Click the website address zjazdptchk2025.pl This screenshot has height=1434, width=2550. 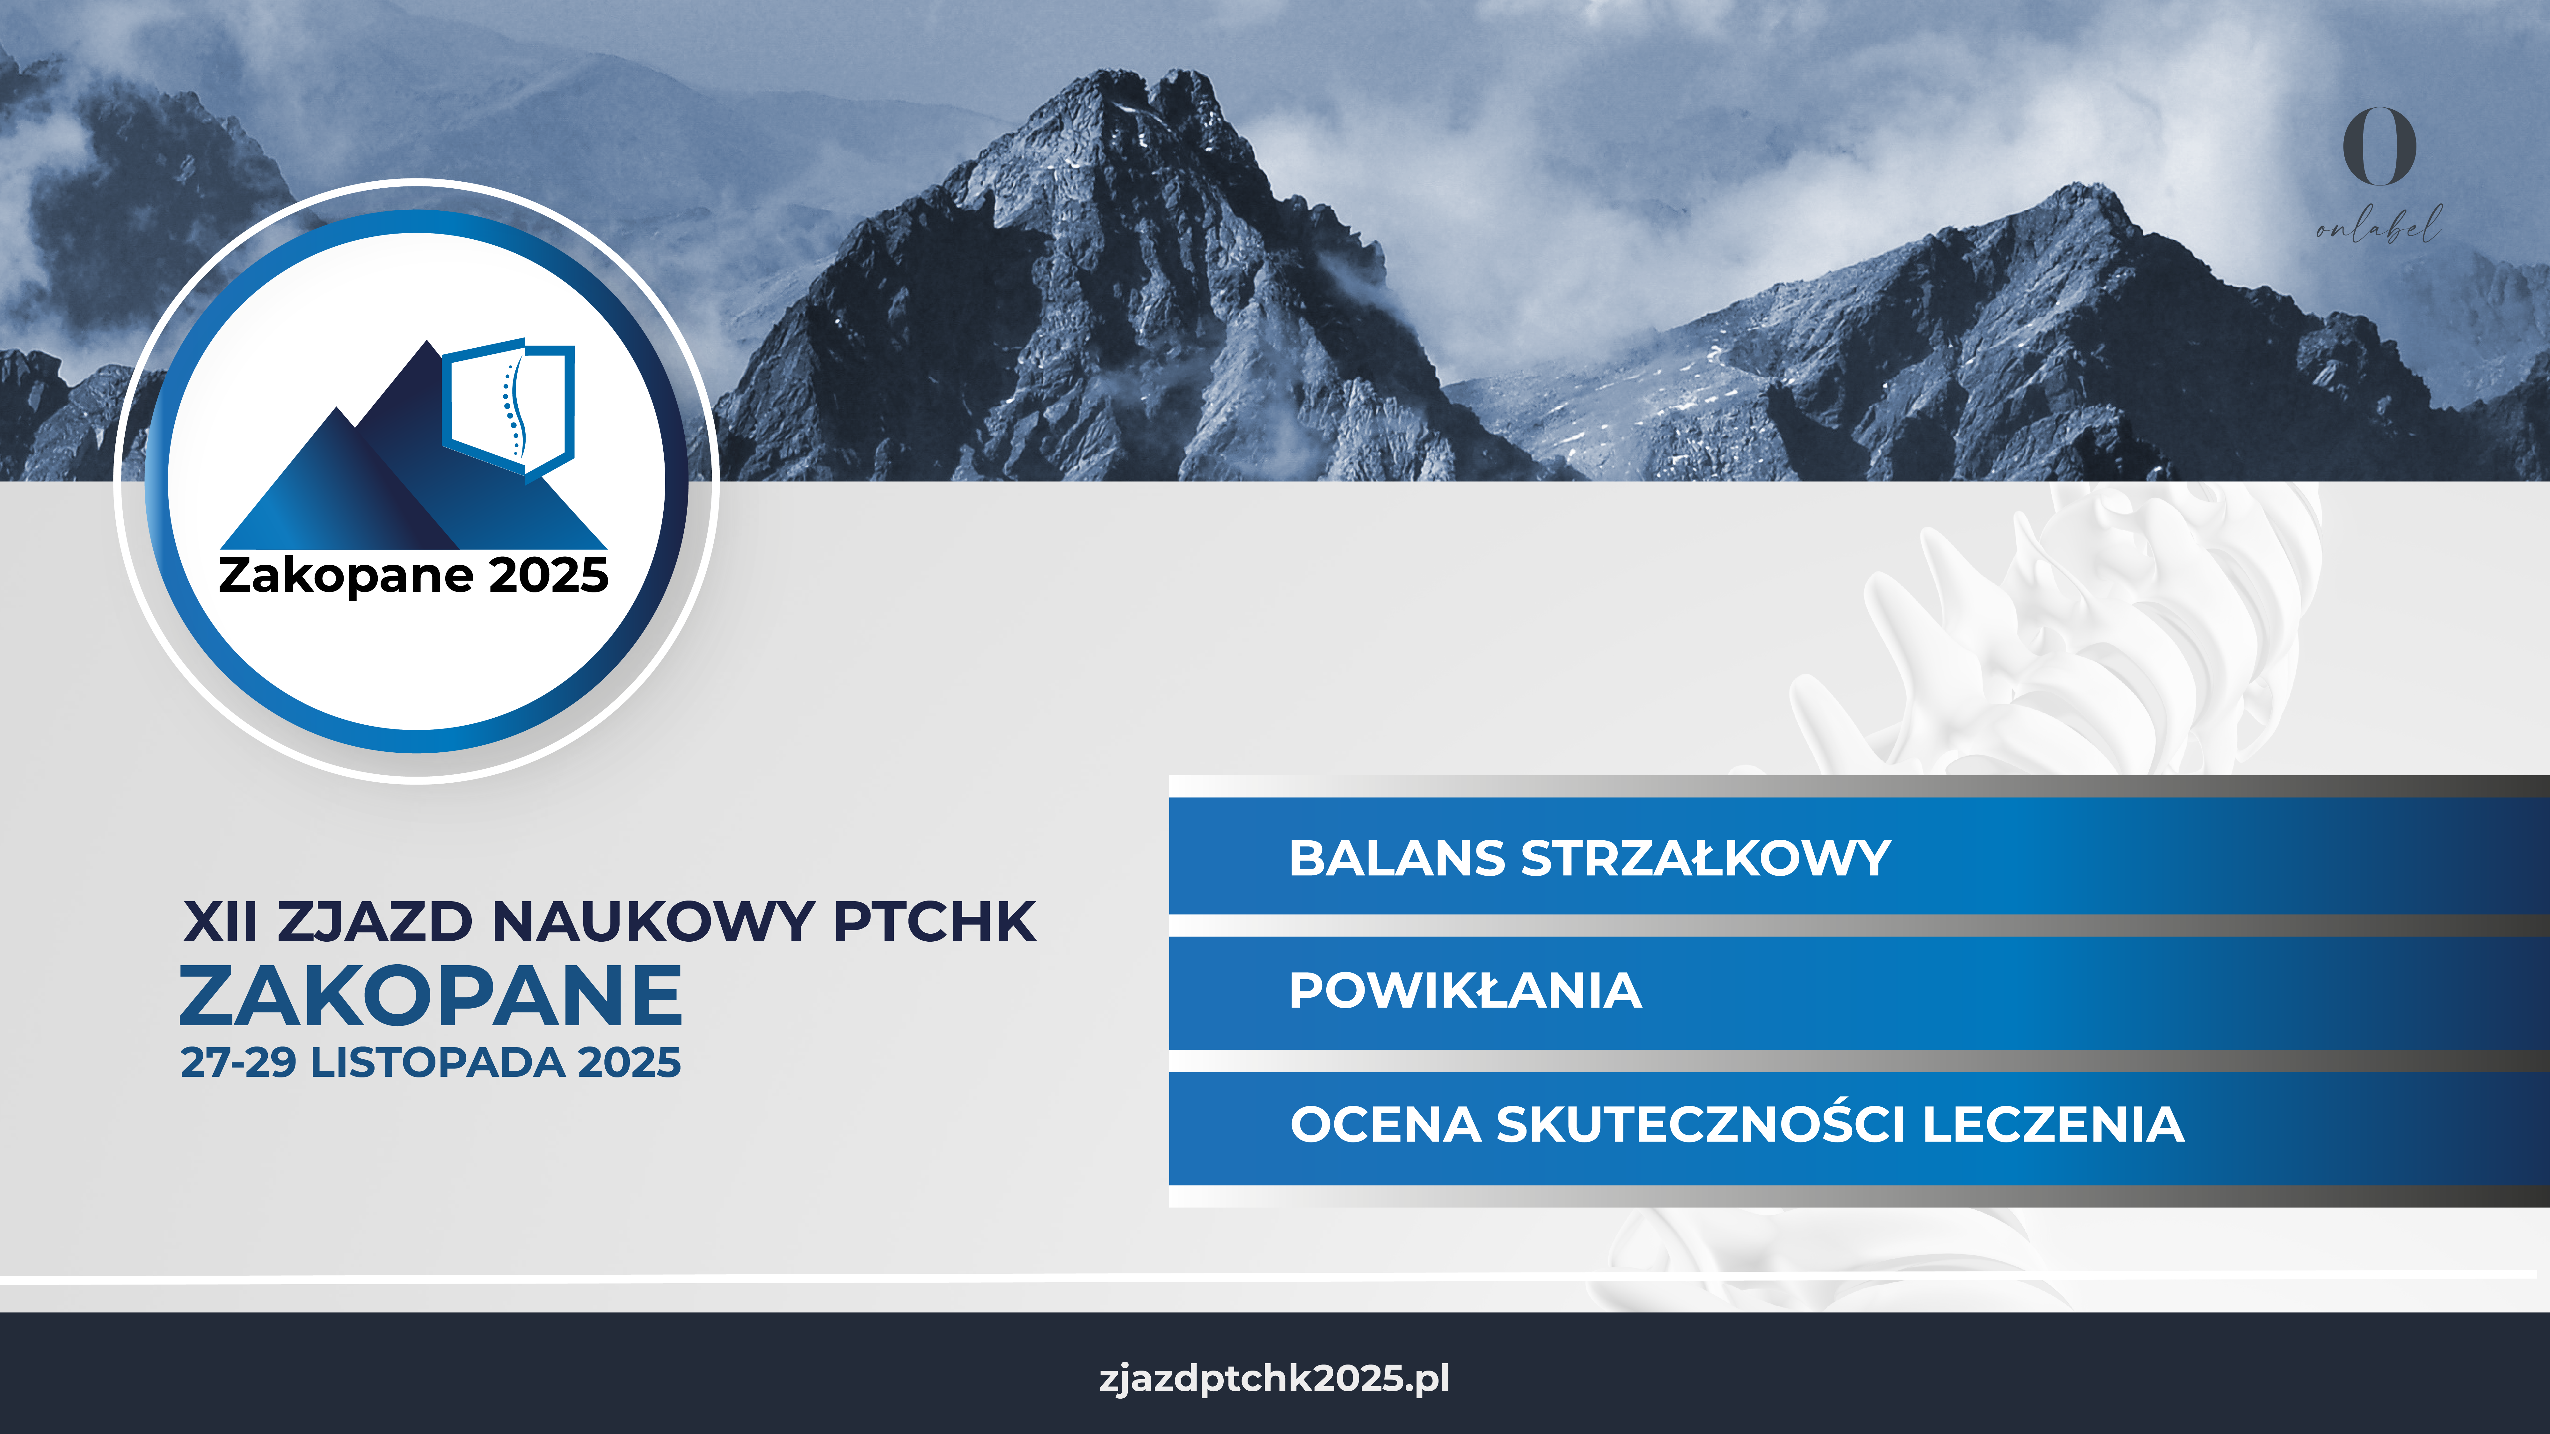click(x=1274, y=1379)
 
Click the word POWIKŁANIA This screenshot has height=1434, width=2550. click(x=1465, y=991)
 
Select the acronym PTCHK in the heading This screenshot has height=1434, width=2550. click(x=935, y=922)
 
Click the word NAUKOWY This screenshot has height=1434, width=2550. click(x=653, y=922)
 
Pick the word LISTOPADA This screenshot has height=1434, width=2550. click(x=438, y=1063)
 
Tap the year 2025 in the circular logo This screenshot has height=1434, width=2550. click(x=548, y=576)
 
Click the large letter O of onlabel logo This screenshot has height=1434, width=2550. click(x=2379, y=147)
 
